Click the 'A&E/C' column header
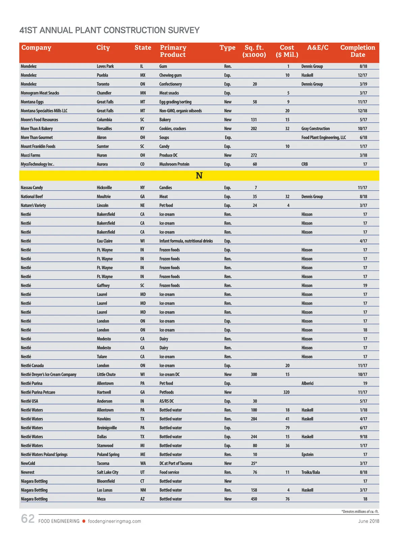pos(318,48)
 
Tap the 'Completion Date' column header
pos(357,51)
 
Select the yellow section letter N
pos(199,175)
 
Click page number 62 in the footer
pos(28,519)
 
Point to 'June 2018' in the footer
pos(369,521)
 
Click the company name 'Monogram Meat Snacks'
pos(40,93)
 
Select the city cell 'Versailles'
pos(104,129)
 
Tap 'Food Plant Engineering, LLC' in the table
pos(323,138)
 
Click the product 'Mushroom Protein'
pos(174,164)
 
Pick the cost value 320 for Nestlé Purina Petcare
pos(287,392)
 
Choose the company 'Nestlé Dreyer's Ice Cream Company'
pos(49,375)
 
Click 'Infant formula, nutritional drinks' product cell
pos(186,241)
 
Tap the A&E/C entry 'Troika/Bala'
pos(310,473)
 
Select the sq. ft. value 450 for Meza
pos(254,499)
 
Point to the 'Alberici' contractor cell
pos(307,383)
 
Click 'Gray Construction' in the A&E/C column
pos(315,129)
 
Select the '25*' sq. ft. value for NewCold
pos(254,463)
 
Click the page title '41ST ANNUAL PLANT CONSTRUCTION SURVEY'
pos(109,30)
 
